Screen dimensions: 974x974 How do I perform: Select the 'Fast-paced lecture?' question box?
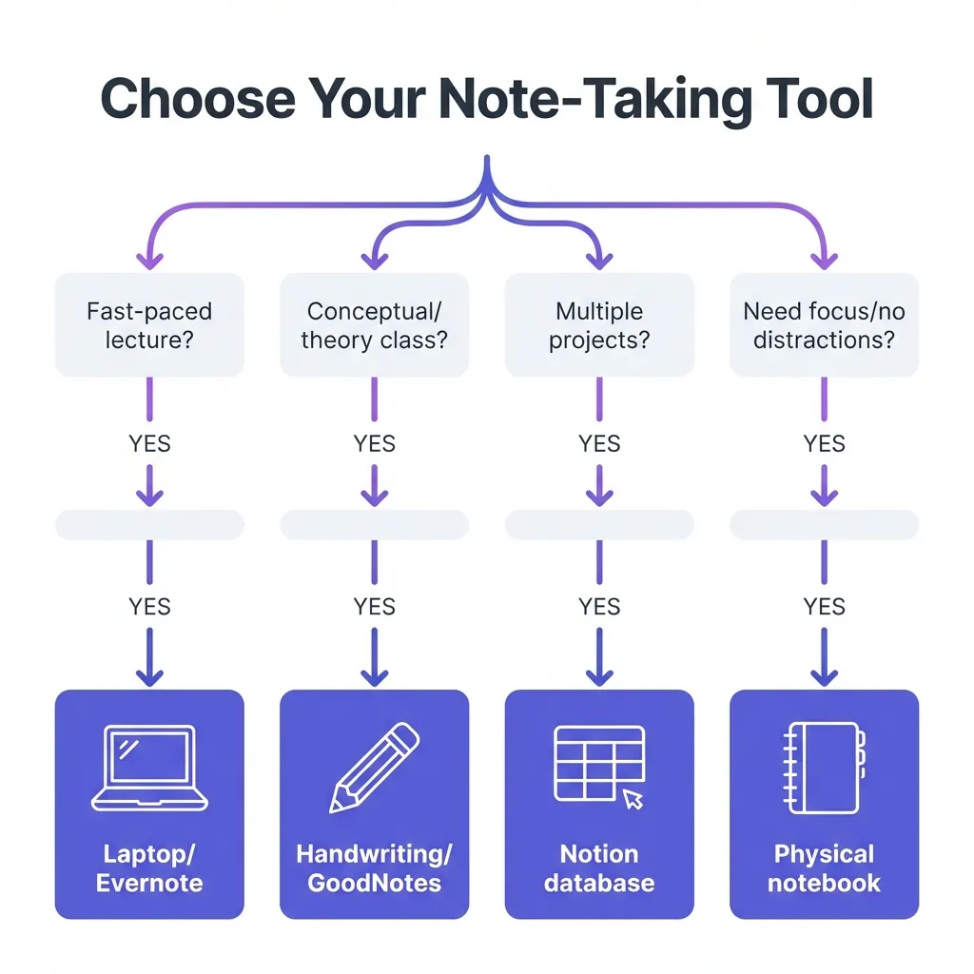point(149,324)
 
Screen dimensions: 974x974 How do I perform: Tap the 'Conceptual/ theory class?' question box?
point(374,324)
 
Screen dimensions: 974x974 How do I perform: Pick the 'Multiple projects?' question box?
point(599,324)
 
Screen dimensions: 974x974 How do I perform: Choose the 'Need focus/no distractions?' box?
point(824,324)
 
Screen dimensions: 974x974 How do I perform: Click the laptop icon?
point(149,769)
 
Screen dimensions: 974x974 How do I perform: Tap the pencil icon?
point(374,768)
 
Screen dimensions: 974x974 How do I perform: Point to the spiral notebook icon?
point(824,769)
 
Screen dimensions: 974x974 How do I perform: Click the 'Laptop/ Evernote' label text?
point(149,867)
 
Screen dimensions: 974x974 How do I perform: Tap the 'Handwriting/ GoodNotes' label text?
point(374,867)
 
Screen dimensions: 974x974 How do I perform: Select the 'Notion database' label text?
point(599,867)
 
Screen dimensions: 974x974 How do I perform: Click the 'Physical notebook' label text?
point(824,867)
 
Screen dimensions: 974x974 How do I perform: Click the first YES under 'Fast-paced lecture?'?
point(149,444)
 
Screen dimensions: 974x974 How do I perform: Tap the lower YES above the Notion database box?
point(599,606)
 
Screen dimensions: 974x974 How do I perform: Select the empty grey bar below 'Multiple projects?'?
point(599,524)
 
